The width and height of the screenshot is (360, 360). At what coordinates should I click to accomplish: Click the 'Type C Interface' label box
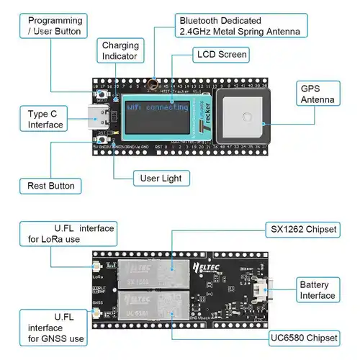click(45, 120)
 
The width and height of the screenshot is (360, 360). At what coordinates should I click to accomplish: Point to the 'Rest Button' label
click(51, 185)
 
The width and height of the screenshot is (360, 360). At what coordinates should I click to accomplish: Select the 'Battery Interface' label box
click(318, 290)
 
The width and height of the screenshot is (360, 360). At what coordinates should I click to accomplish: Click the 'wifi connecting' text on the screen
click(156, 108)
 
